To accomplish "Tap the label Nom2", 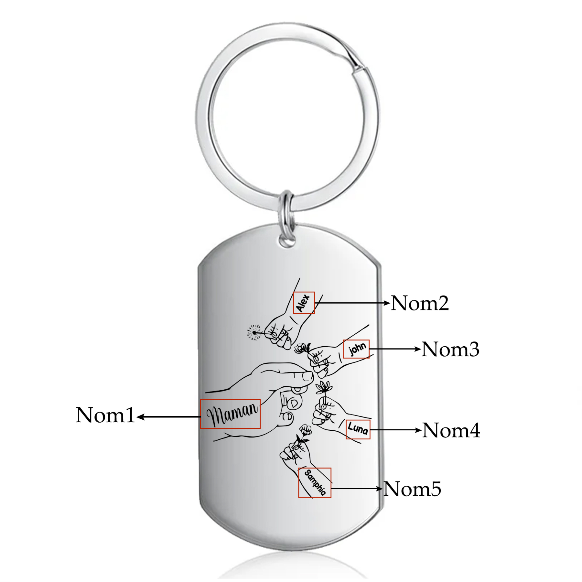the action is (420, 303).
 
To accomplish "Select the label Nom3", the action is (450, 349).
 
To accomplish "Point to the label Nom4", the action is (451, 430).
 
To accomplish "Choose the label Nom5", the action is (413, 489).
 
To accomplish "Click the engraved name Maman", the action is (232, 414).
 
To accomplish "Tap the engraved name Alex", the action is (303, 303).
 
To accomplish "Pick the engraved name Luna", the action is (358, 429).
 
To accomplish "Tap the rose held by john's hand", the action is (301, 348).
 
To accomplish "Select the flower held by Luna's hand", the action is (324, 387).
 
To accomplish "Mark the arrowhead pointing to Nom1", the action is (140, 417).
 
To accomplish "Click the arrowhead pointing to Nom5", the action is (380, 489).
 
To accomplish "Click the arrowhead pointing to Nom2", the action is (387, 303).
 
